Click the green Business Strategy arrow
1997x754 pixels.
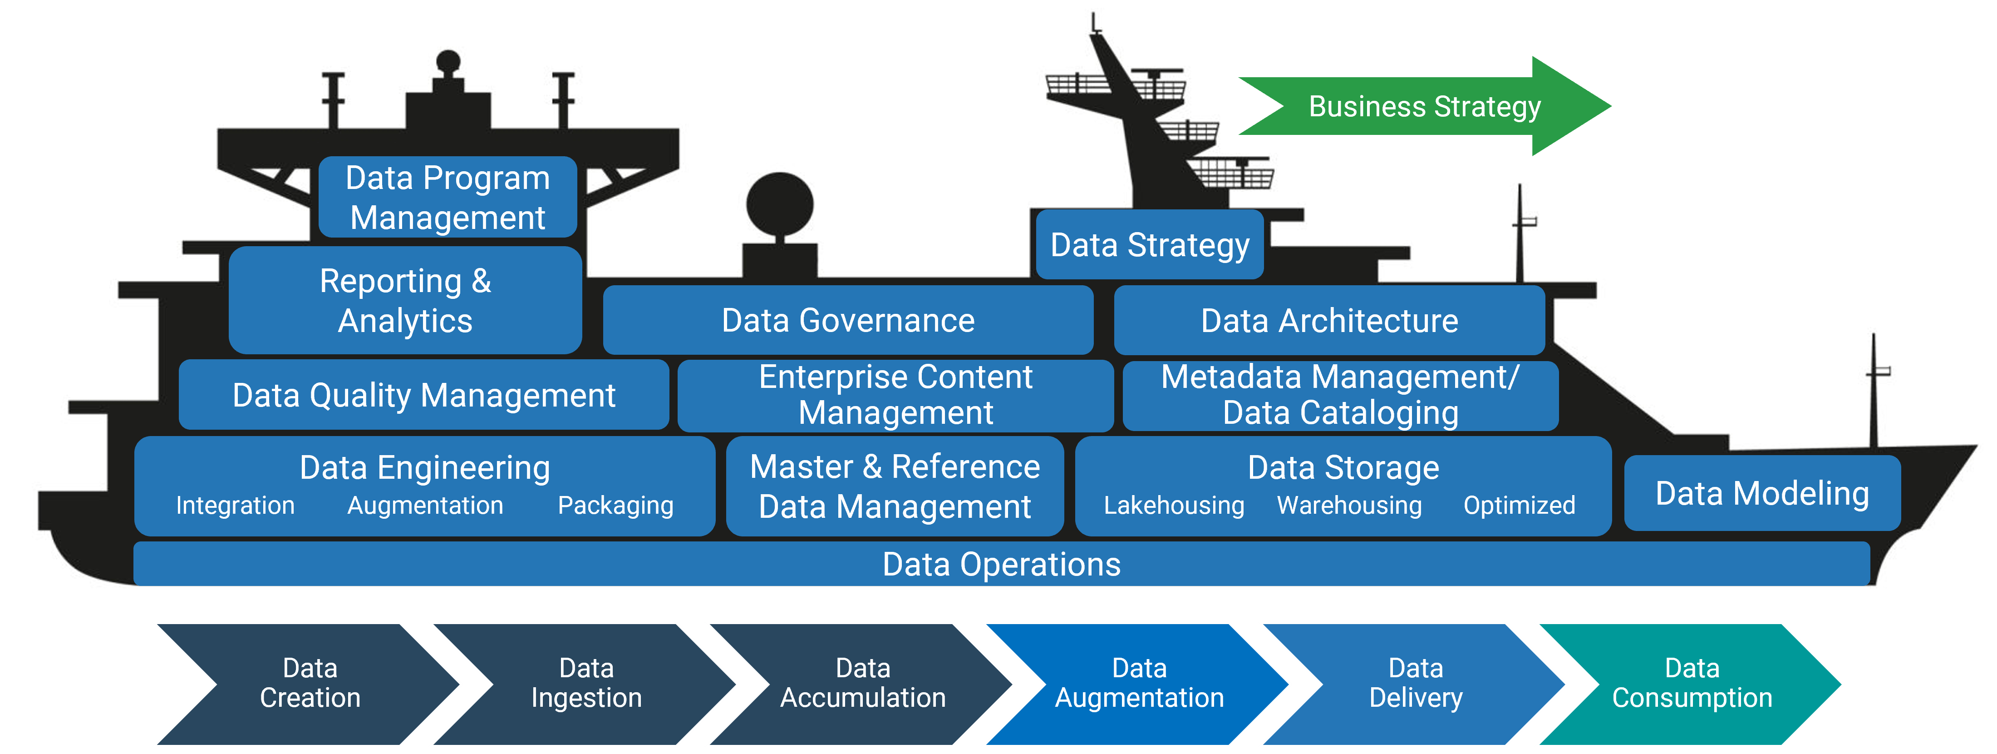1424,106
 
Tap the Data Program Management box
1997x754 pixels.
448,198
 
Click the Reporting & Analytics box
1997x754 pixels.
405,301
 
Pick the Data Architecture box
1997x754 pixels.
1329,320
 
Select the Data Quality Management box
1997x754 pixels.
423,395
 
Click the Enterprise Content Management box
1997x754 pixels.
895,395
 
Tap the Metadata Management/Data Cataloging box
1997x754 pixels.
1340,395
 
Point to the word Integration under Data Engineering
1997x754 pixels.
235,505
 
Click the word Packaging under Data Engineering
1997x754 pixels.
615,505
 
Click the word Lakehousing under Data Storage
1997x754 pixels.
1174,505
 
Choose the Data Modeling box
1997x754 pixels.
1762,493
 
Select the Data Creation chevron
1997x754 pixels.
310,683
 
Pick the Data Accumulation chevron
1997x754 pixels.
863,683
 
